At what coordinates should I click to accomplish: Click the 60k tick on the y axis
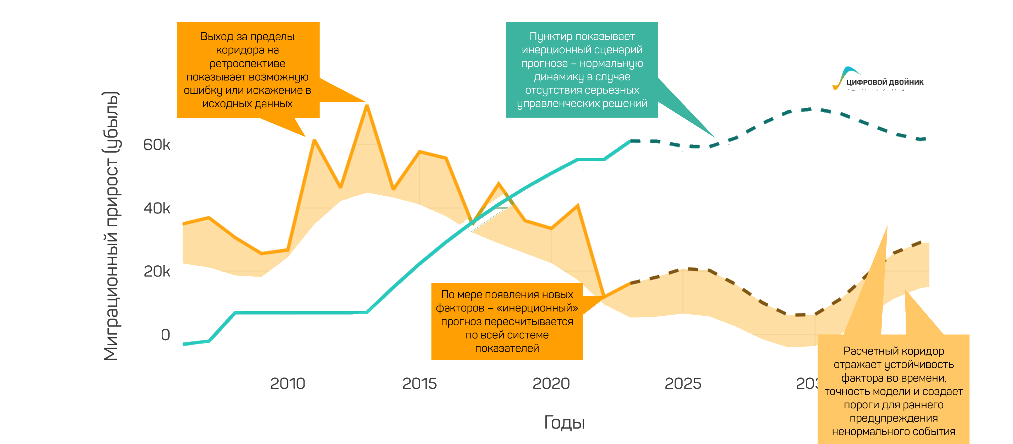click(156, 145)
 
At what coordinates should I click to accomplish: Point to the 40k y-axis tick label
click(156, 208)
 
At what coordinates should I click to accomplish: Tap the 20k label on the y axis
click(156, 271)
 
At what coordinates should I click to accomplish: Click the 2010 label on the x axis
click(287, 383)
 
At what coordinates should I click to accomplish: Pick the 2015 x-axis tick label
click(419, 383)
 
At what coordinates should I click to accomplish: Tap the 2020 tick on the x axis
click(551, 383)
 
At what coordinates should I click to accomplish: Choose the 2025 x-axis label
click(683, 383)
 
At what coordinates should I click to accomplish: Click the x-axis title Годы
click(564, 422)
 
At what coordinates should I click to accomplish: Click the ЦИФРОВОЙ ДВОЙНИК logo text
click(885, 82)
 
